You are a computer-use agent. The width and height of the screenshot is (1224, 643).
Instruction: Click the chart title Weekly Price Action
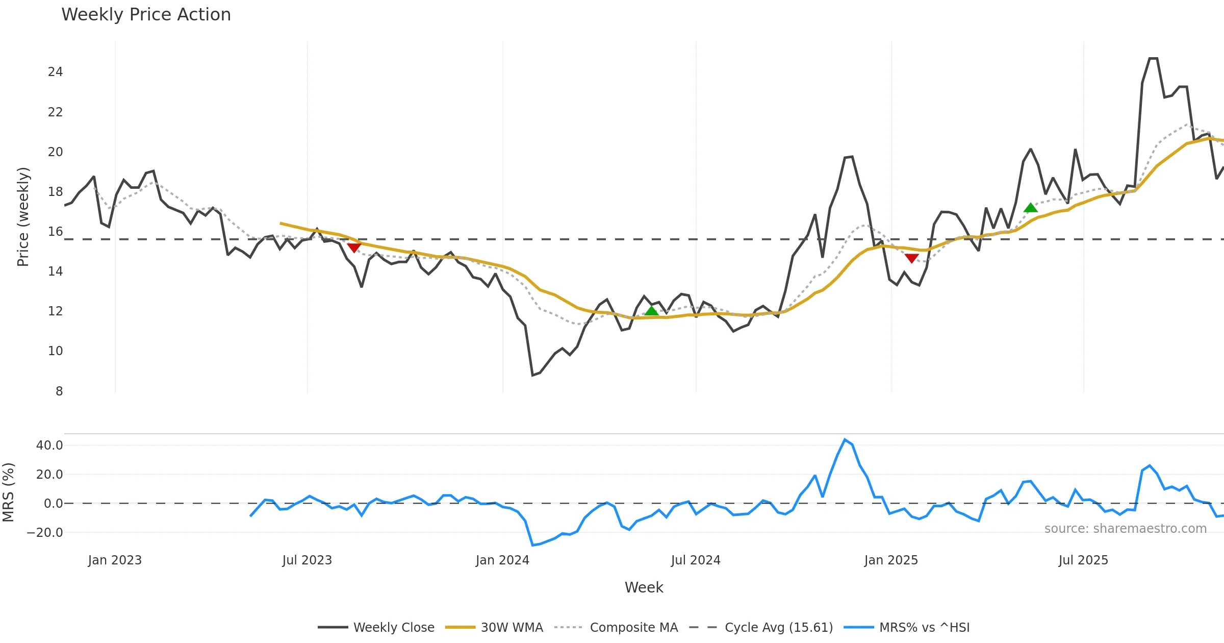click(146, 14)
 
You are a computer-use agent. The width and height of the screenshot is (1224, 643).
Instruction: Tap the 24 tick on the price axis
click(55, 72)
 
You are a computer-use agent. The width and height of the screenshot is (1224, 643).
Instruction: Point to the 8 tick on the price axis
click(59, 391)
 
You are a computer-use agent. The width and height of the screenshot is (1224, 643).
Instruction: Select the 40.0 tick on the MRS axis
click(49, 446)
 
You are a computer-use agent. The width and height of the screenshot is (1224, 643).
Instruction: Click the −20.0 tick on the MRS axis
click(45, 533)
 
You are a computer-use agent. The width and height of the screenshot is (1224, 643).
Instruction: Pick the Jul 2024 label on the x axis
click(696, 560)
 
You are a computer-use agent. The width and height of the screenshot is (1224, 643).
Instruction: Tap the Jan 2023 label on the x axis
click(115, 560)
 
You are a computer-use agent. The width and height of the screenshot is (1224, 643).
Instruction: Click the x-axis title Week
click(644, 588)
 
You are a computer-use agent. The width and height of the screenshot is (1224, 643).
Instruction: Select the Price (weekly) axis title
click(23, 217)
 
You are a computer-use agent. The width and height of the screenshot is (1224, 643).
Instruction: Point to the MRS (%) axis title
click(9, 492)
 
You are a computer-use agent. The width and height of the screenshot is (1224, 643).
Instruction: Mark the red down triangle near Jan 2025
click(911, 258)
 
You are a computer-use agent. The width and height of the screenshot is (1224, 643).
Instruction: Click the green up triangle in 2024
click(651, 311)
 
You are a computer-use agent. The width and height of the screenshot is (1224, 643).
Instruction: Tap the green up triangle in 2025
click(1031, 207)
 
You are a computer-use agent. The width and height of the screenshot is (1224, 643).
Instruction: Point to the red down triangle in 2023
click(354, 248)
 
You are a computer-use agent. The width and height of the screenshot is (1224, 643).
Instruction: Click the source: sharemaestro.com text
click(1125, 529)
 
